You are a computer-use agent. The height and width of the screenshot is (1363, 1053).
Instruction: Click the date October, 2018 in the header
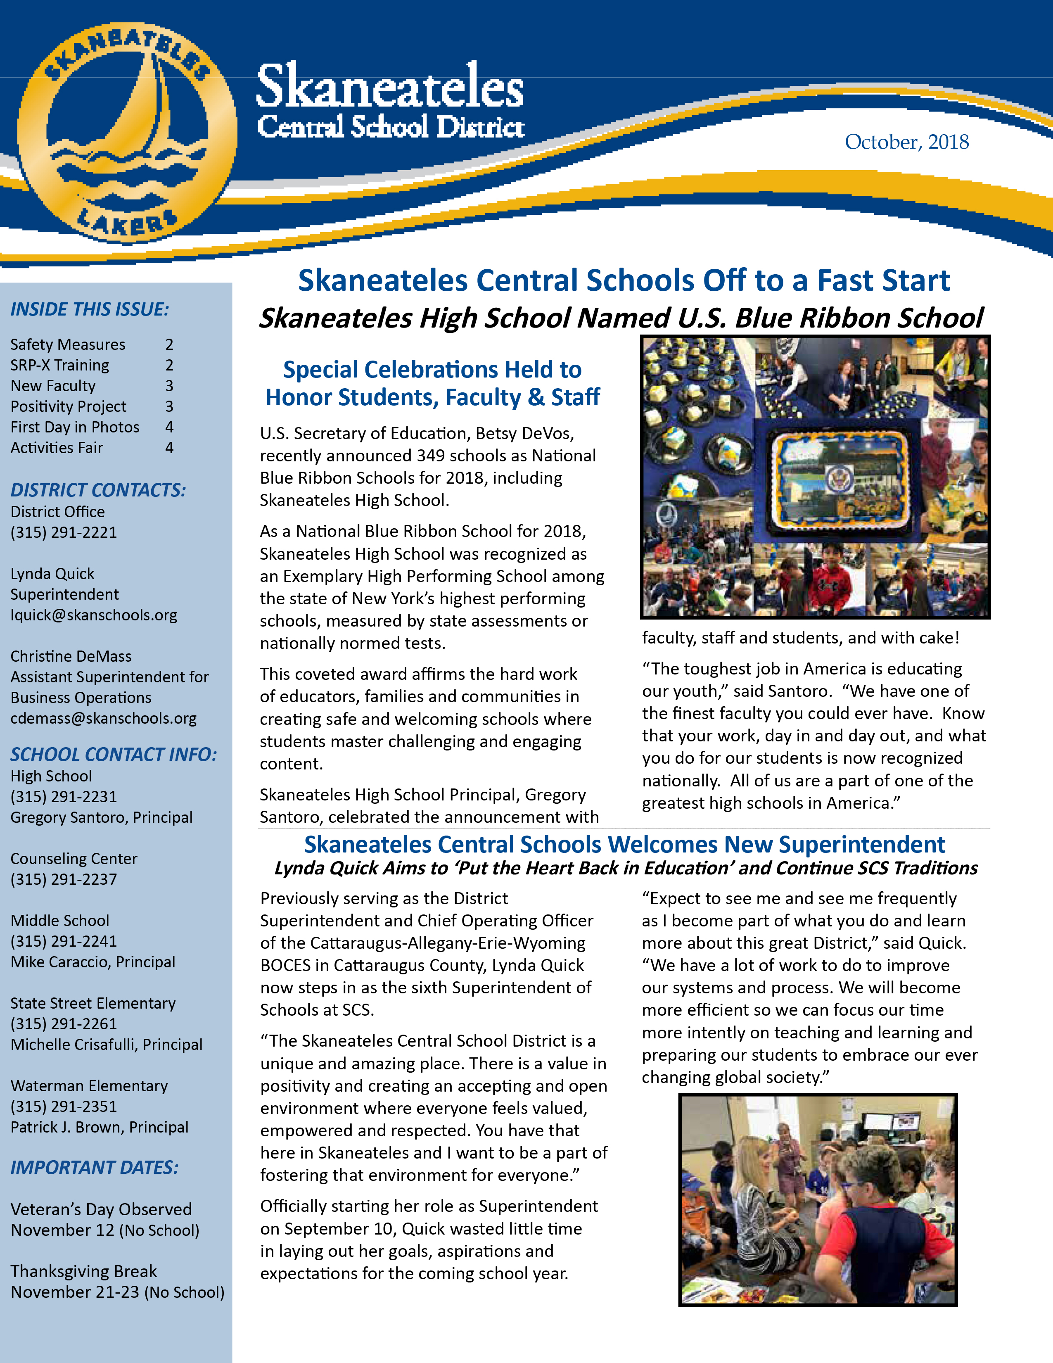(906, 142)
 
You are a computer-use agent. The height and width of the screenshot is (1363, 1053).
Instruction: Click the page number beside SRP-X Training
(169, 365)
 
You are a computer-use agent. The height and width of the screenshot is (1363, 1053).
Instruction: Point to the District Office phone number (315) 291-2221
(64, 532)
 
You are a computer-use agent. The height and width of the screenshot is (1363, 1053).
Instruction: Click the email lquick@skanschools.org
(94, 615)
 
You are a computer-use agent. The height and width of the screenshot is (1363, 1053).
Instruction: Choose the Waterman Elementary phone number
(64, 1107)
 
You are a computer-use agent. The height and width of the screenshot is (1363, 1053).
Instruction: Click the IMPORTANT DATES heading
(94, 1168)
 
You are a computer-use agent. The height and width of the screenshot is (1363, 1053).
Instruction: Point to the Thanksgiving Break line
(83, 1271)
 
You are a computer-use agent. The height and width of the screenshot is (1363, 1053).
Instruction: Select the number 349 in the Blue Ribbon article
(435, 456)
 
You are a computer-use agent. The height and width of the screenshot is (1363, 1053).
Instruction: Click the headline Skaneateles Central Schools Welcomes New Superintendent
(624, 844)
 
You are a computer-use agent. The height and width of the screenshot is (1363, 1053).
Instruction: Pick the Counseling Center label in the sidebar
(74, 859)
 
